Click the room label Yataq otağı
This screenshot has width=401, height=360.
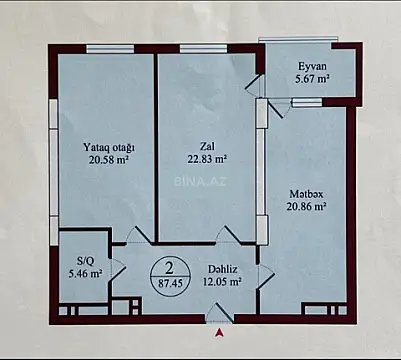tap(108, 148)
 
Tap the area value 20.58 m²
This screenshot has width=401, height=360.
tap(108, 161)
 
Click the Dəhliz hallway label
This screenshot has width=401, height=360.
tap(222, 268)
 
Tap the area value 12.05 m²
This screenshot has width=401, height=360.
tap(222, 282)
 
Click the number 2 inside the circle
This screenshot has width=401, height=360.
tap(171, 267)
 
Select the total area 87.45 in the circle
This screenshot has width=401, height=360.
tap(171, 284)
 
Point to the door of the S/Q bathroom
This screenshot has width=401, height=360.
tap(117, 268)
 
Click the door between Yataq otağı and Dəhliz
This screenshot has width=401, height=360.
tap(138, 237)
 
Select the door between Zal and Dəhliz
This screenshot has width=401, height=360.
tap(228, 236)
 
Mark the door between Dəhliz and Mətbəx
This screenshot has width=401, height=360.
tap(264, 277)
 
